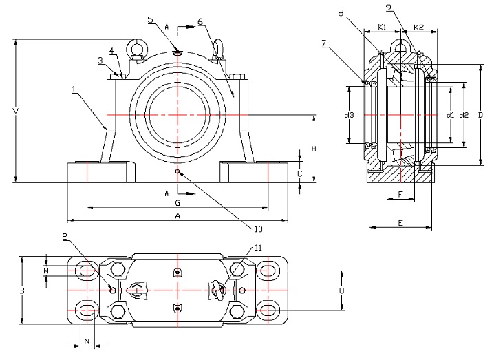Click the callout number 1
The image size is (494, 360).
tap(73, 89)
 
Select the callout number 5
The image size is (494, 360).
tap(150, 20)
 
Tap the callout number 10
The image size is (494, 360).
tap(259, 229)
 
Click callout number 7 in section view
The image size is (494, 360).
tap(324, 43)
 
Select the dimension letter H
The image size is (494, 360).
tap(312, 149)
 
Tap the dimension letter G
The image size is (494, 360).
tap(177, 203)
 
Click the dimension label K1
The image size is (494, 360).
tap(383, 28)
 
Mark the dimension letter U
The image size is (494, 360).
tap(341, 291)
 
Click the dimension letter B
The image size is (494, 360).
tap(23, 291)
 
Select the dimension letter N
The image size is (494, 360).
tap(87, 341)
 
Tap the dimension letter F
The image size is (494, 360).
tap(400, 195)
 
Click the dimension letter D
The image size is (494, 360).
tap(480, 114)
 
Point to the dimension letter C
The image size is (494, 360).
tap(299, 174)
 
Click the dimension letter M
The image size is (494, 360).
tap(46, 271)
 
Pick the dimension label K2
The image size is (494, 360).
tap(418, 28)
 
